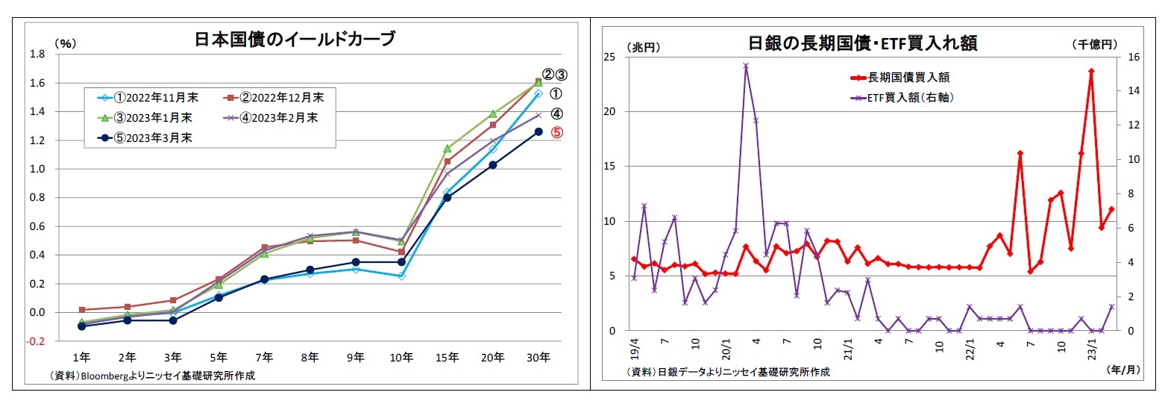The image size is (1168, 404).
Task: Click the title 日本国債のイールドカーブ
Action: pyautogui.click(x=294, y=39)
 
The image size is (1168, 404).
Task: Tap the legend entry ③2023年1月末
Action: pyautogui.click(x=147, y=117)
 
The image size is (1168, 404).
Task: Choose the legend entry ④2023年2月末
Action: pyautogui.click(x=276, y=117)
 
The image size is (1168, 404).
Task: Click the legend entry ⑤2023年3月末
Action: pyautogui.click(x=147, y=137)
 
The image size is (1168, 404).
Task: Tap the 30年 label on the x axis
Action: pyautogui.click(x=539, y=357)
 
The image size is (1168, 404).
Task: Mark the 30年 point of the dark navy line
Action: pyautogui.click(x=539, y=131)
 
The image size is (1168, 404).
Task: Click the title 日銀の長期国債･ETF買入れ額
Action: pyautogui.click(x=862, y=43)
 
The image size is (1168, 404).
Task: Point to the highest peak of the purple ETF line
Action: pyautogui.click(x=746, y=66)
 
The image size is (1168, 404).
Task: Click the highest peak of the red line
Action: pyautogui.click(x=1091, y=71)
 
